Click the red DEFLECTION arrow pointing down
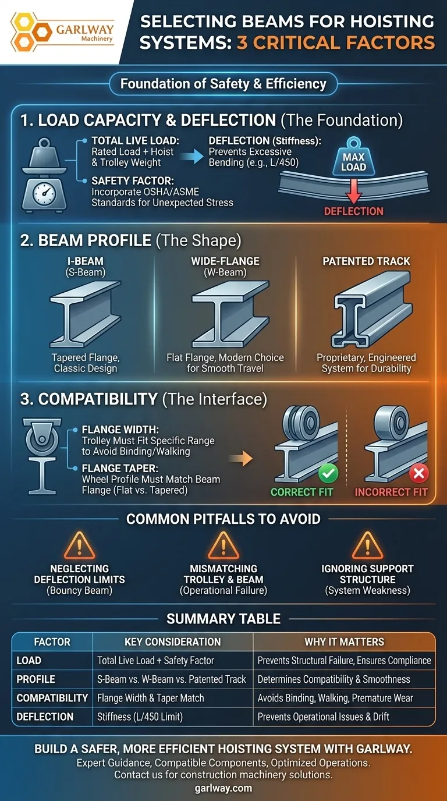click(x=354, y=192)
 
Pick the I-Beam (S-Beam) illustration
click(x=86, y=314)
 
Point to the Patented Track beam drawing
click(x=372, y=310)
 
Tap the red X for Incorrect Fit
click(x=418, y=473)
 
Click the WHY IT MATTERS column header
click(x=344, y=641)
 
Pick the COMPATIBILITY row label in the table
click(x=52, y=697)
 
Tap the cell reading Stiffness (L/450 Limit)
click(x=140, y=717)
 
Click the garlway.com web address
click(x=223, y=788)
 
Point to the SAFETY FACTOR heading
click(x=133, y=180)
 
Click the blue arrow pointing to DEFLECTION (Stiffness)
click(x=191, y=157)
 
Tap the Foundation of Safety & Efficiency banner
click(x=223, y=84)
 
